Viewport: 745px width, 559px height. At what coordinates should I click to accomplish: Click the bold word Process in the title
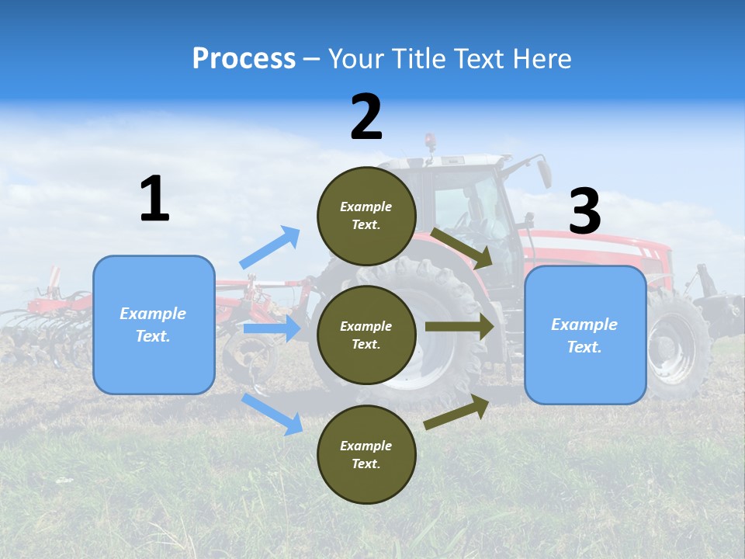tap(244, 59)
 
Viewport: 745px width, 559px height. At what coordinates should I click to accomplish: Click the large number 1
tap(154, 200)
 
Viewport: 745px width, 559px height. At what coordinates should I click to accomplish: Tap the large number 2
tap(366, 117)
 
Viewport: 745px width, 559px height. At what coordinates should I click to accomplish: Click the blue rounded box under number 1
tap(154, 325)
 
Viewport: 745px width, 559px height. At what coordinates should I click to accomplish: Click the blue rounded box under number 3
tap(585, 335)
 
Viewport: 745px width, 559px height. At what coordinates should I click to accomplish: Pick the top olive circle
tap(366, 216)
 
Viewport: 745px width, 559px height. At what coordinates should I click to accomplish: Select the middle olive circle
tap(366, 335)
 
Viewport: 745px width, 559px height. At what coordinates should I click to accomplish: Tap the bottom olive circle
tap(366, 454)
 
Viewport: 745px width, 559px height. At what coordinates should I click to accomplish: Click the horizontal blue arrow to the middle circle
tap(272, 328)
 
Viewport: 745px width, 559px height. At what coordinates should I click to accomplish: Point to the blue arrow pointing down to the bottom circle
tap(272, 413)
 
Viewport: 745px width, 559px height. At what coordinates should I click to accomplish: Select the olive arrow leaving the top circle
tap(462, 248)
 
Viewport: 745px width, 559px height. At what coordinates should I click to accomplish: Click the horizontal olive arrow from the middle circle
tap(459, 327)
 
